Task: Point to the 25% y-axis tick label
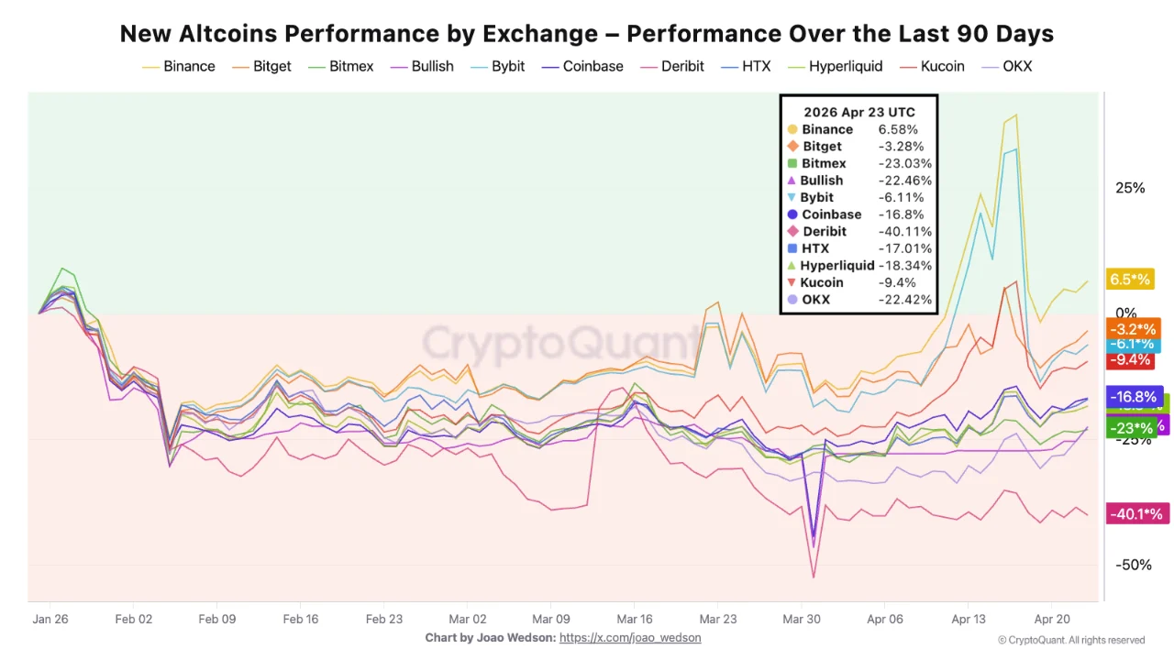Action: click(1130, 188)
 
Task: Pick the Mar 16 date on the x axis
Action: click(635, 619)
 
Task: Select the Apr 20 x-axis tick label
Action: click(1052, 619)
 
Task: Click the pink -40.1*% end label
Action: click(1136, 514)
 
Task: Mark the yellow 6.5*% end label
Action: click(1130, 280)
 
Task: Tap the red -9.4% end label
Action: click(1132, 360)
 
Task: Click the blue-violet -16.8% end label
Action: click(1135, 397)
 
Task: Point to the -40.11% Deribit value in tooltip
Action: click(904, 232)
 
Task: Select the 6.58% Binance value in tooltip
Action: click(898, 129)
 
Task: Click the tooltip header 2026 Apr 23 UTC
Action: click(858, 112)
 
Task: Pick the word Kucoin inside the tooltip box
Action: click(822, 282)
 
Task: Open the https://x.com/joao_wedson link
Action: click(630, 638)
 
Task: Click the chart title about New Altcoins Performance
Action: click(587, 34)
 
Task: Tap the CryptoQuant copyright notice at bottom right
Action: click(1071, 640)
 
